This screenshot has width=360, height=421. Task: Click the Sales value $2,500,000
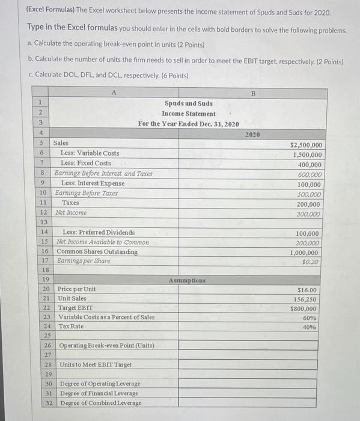pos(307,145)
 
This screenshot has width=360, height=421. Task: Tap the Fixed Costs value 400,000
pos(310,164)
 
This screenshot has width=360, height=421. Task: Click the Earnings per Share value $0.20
pos(312,262)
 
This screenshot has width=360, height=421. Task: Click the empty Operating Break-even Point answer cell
pos(252,346)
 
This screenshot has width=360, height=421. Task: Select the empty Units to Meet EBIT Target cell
pos(252,365)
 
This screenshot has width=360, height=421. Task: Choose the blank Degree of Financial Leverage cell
pos(252,393)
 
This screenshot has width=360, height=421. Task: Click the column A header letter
pos(114,93)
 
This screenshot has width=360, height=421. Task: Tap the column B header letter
pos(252,94)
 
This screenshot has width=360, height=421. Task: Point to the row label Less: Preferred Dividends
pos(99,232)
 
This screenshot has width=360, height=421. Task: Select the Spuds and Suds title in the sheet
pos(188,103)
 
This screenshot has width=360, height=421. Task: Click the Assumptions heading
pos(187,280)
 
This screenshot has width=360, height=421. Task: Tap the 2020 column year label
pos(252,134)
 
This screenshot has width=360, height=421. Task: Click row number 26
pos(46,346)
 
